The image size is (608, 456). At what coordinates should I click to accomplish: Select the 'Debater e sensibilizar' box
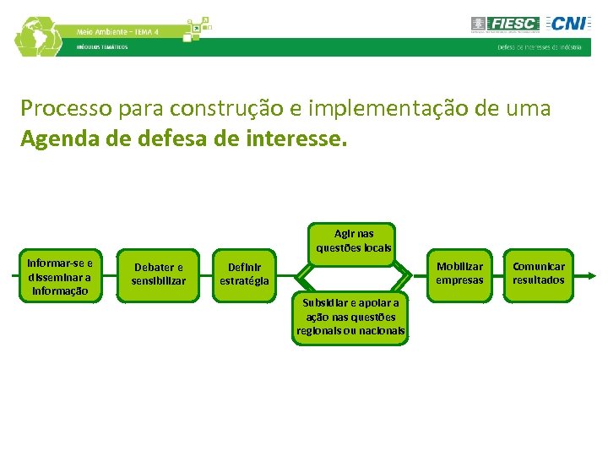point(159,274)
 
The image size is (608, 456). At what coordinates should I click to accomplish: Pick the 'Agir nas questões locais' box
point(354,241)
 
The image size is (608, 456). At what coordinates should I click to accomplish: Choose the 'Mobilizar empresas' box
point(459,274)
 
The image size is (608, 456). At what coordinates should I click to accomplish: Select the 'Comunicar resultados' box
point(539,274)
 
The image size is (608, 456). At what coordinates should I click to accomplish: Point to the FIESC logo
point(503,24)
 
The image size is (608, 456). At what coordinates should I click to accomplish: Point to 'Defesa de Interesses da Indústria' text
point(539,47)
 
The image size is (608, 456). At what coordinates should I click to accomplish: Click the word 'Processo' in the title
point(57,109)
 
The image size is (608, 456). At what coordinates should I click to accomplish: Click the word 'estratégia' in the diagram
point(243,281)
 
